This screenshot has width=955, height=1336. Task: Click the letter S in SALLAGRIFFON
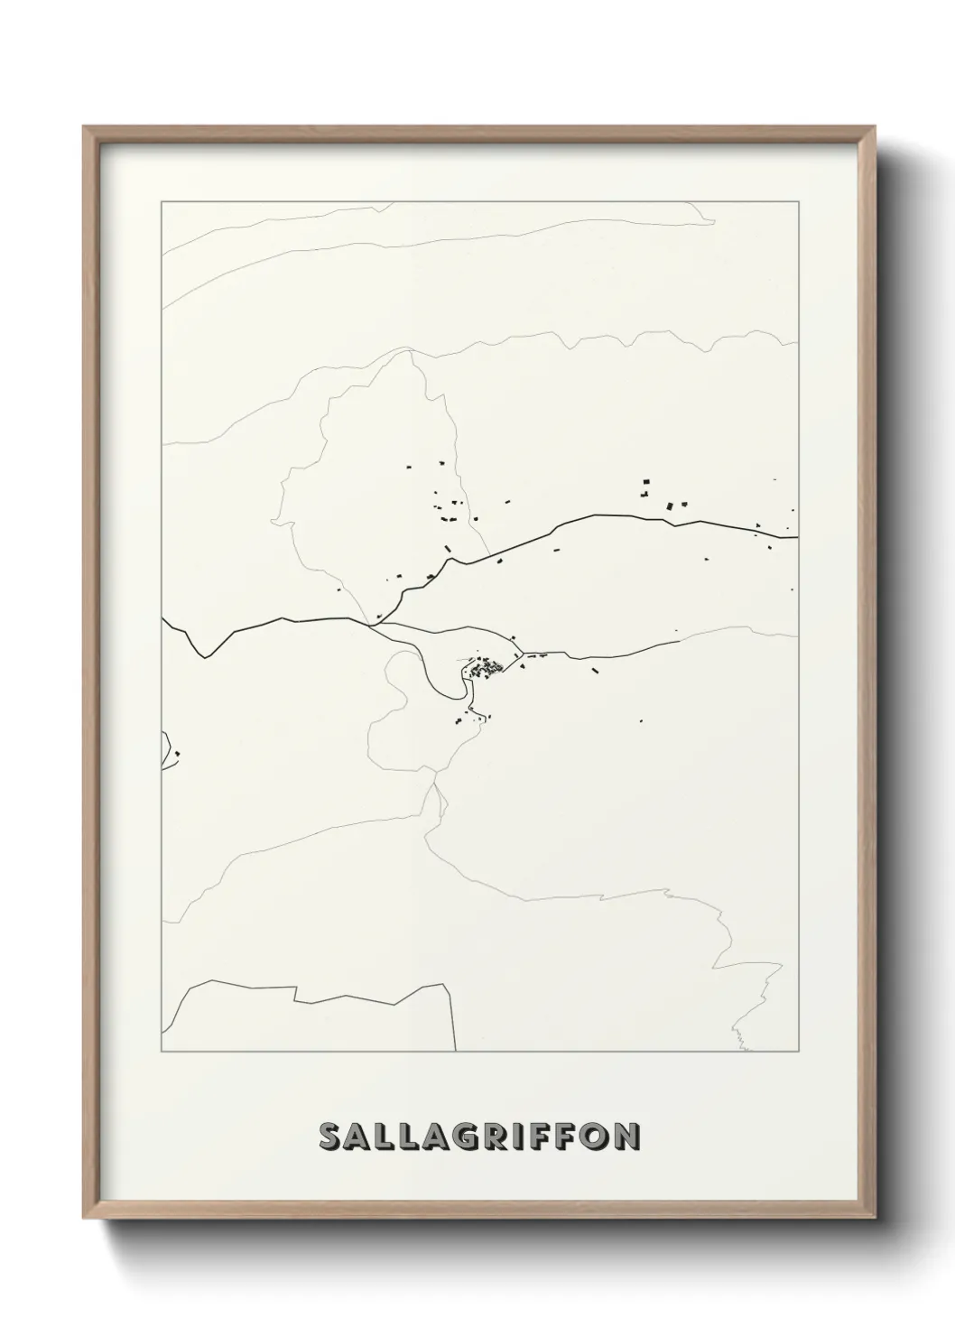point(331,1137)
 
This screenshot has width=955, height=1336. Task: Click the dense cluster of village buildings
point(487,669)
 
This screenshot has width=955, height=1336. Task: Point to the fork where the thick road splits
point(371,623)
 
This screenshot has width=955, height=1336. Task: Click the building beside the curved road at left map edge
point(178,754)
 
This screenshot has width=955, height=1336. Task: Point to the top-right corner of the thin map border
point(799,201)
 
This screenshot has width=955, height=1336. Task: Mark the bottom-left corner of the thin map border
point(162,1052)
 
